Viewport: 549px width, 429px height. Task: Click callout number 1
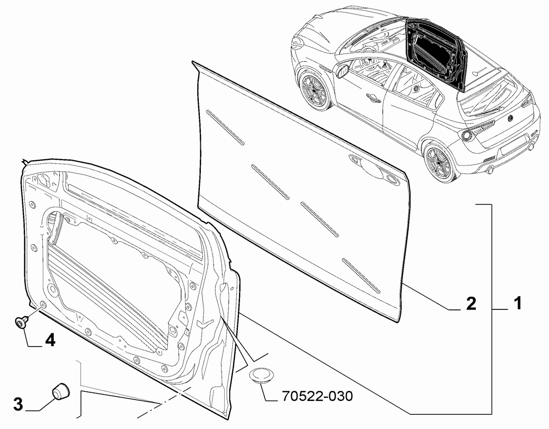[x=517, y=303]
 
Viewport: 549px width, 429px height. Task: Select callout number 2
[x=471, y=303]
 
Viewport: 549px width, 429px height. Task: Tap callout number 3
[x=18, y=404]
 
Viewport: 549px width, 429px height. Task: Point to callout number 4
[x=50, y=340]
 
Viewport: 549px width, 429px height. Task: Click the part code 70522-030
[x=317, y=396]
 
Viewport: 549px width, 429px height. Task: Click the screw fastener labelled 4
[x=21, y=322]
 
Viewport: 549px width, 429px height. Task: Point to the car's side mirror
[x=341, y=70]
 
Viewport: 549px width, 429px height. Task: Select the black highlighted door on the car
[x=437, y=52]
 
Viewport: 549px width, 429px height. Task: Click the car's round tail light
[x=467, y=135]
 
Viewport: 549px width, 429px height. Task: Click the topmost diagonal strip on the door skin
[x=225, y=127]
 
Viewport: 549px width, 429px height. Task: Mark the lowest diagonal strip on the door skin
[x=361, y=275]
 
